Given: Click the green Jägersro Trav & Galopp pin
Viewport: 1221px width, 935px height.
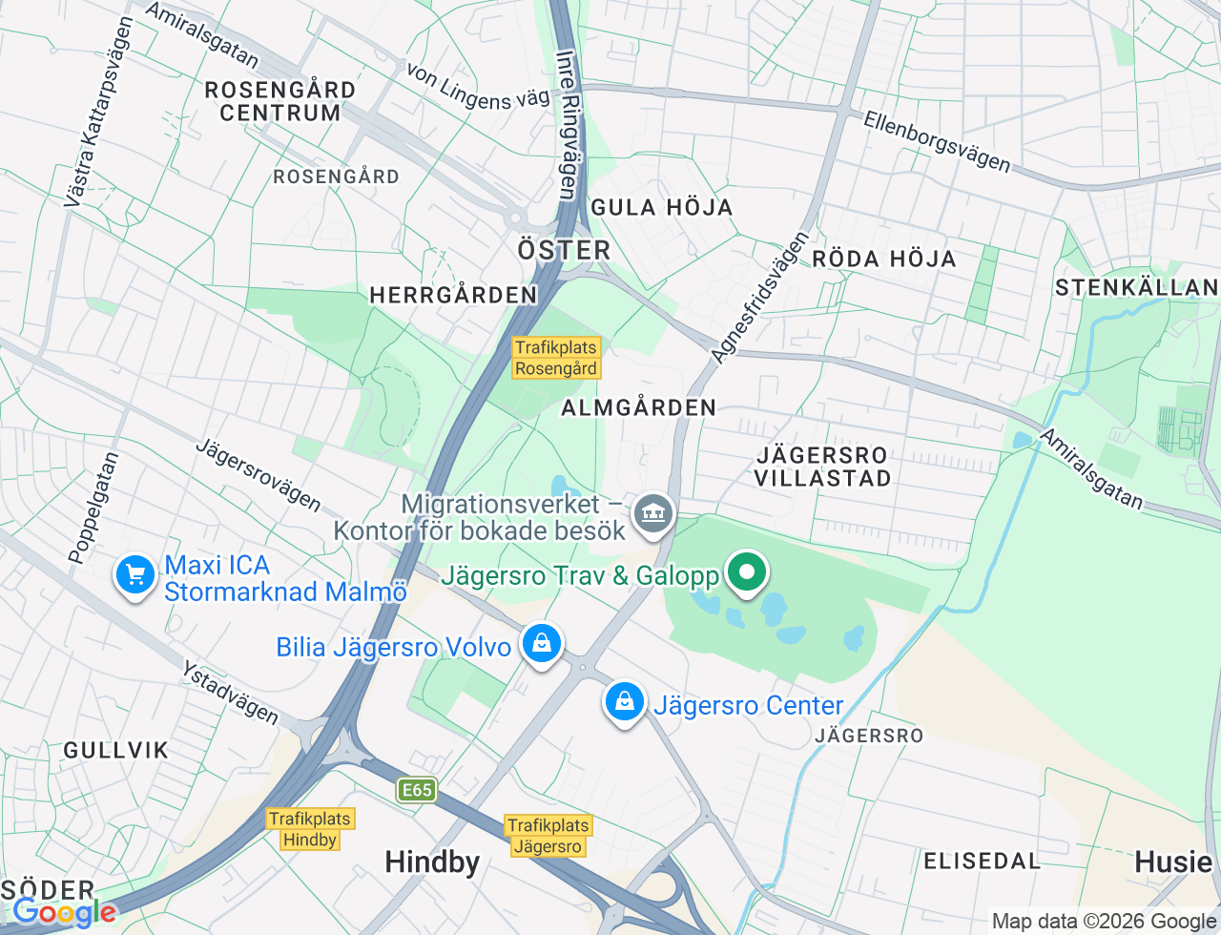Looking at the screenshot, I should coord(748,572).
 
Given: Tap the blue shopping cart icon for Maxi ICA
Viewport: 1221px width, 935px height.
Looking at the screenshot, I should coord(135,575).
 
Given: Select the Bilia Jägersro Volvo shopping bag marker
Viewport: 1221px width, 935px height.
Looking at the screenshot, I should coord(542,643).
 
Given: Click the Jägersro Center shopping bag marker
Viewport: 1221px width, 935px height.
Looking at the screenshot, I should coord(624,702).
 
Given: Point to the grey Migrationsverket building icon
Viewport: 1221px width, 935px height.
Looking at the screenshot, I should coord(654,514).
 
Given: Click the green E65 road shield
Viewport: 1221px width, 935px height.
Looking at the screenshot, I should coord(417,790).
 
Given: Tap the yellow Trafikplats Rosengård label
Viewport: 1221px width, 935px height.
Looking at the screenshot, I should coord(556,358).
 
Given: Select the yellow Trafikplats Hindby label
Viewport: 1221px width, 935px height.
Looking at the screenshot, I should coord(310,829).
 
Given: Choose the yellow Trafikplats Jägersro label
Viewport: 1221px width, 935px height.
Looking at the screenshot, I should coord(548,836).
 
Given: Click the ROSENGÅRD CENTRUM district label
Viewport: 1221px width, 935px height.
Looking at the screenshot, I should coord(280,101).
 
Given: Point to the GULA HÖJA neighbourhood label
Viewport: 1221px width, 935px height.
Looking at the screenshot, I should coord(661,207).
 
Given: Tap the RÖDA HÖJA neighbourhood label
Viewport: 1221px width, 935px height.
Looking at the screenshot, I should coord(883,259).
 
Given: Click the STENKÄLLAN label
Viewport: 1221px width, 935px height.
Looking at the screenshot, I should coord(1135,287).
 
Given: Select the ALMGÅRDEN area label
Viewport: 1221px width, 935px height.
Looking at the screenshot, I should coord(638,407).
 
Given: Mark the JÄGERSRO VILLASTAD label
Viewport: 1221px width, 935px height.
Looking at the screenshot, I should coord(822,467).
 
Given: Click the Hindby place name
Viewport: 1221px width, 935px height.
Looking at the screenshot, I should coord(432,862).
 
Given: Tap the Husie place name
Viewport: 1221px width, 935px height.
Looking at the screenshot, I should coord(1172,862).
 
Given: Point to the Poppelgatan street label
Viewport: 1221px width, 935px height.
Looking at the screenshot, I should coord(93,508).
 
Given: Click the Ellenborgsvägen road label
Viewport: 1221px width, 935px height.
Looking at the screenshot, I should coord(937,142).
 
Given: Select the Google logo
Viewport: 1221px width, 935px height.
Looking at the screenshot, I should coord(65,913).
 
